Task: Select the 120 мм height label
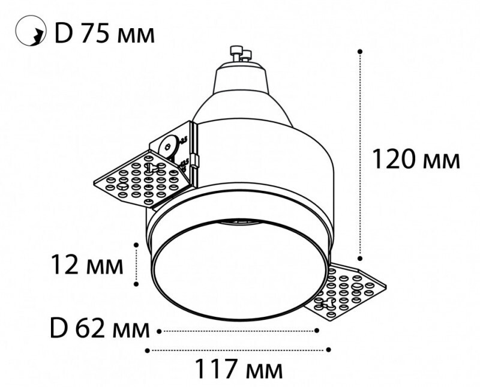416,160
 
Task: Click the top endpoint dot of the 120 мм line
360,52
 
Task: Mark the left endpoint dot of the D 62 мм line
159,330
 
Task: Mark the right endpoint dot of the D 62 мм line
317,330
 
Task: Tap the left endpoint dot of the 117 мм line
148,349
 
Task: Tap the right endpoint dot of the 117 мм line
329,349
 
